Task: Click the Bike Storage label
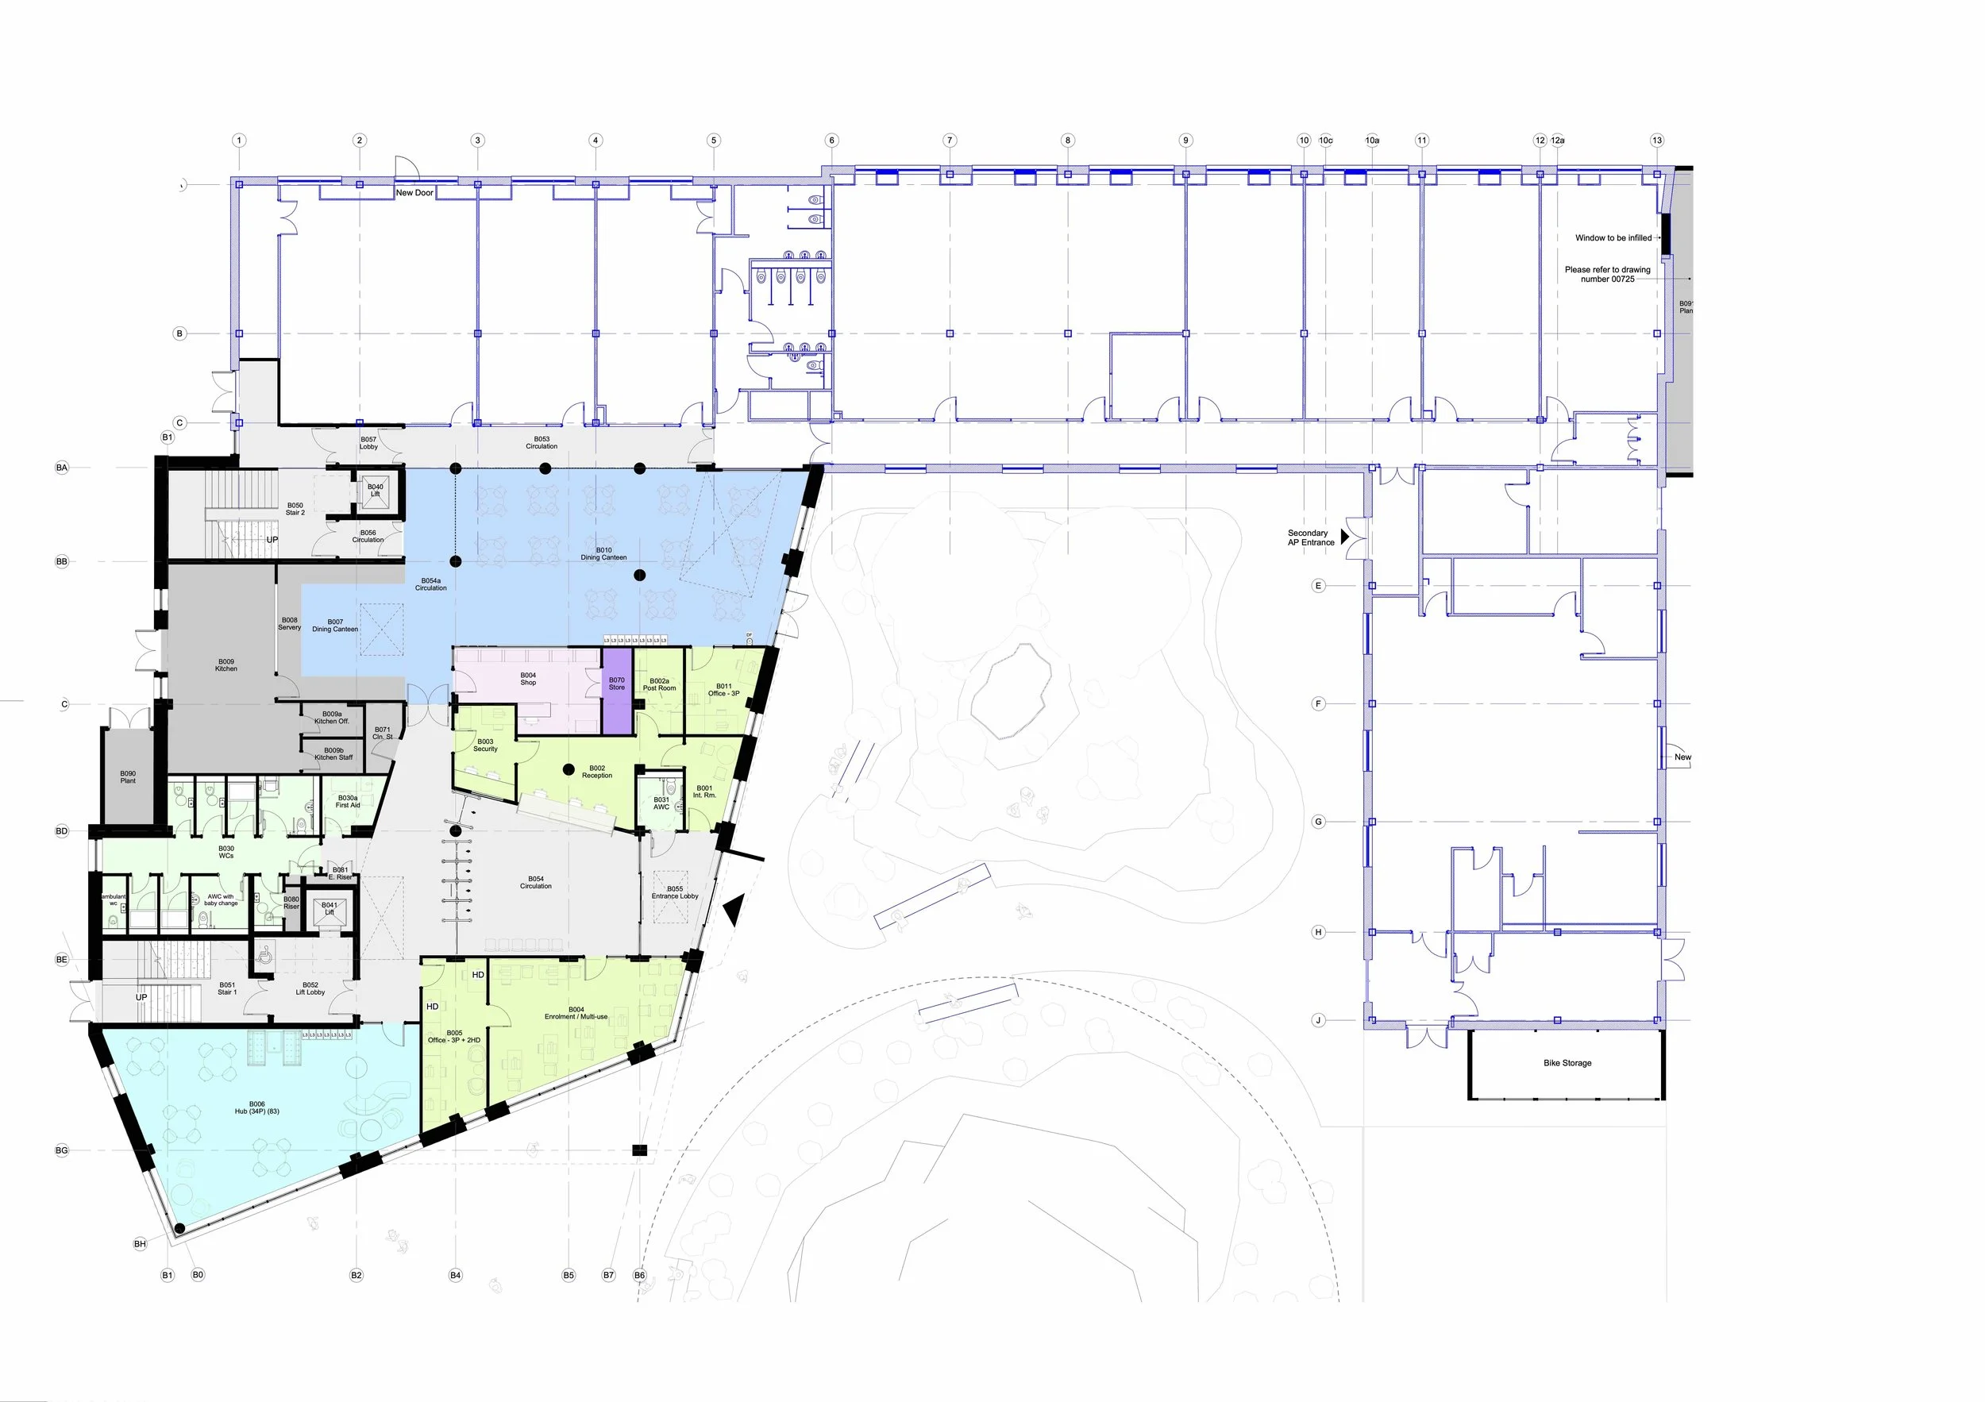pos(1567,1063)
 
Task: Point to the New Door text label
pos(414,193)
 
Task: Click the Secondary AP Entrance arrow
pos(1344,536)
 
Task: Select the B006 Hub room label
pos(256,1107)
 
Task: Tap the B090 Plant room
pos(128,777)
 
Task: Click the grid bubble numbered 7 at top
pos(950,140)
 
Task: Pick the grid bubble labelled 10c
pos(1325,140)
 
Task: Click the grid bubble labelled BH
pos(140,1244)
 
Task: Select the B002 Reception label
pos(596,771)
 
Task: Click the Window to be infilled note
pos(1613,237)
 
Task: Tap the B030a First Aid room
pos(348,802)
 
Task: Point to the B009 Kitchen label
pos(225,664)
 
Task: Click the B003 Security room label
pos(485,745)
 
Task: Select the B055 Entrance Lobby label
pos(674,892)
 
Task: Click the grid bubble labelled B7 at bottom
pos(609,1275)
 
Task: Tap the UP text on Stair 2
pos(272,539)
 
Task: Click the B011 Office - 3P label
pos(723,690)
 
